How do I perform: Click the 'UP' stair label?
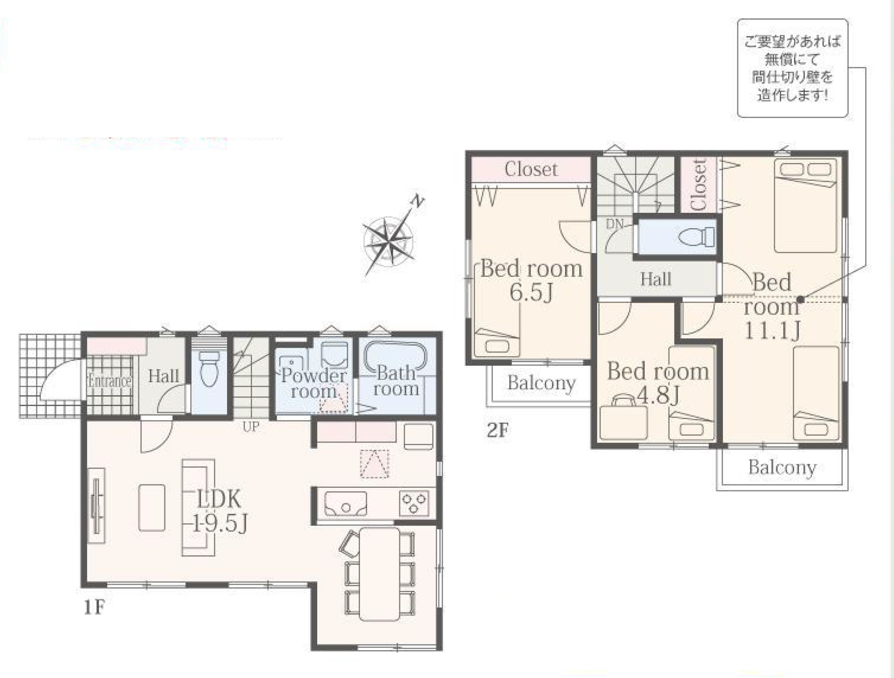click(x=251, y=427)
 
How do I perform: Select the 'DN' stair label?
click(x=615, y=224)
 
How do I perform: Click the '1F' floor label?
click(x=95, y=607)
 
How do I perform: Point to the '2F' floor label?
click(x=497, y=430)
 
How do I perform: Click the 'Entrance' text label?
click(x=110, y=381)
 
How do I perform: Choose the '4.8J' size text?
click(x=658, y=395)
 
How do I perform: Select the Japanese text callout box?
click(x=793, y=68)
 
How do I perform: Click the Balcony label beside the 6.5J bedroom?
click(x=541, y=383)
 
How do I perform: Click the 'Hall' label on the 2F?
click(x=656, y=279)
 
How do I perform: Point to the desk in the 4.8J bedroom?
click(x=623, y=421)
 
